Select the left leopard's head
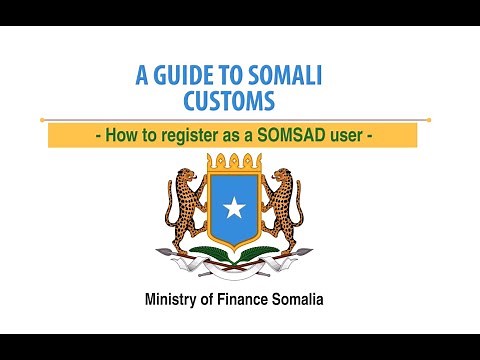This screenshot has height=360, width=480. (x=187, y=173)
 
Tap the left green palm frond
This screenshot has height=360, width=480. (x=205, y=249)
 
